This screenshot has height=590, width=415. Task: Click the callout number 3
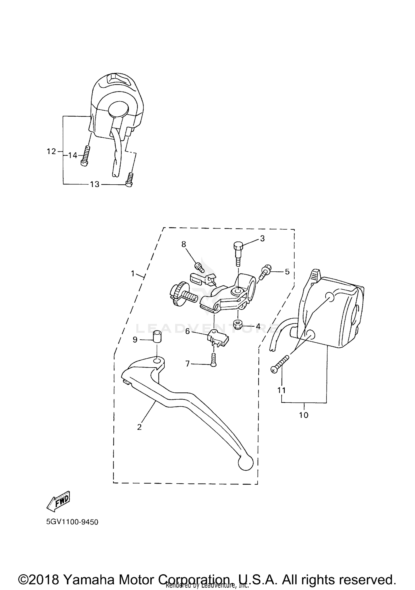[262, 238]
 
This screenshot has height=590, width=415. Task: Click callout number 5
[287, 272]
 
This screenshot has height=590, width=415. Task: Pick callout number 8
[184, 244]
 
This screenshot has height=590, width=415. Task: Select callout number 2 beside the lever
[139, 427]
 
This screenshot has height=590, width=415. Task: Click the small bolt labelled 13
[129, 180]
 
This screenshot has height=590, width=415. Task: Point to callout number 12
[51, 151]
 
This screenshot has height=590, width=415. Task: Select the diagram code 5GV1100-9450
[72, 522]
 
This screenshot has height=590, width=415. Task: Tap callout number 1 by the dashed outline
[133, 273]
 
